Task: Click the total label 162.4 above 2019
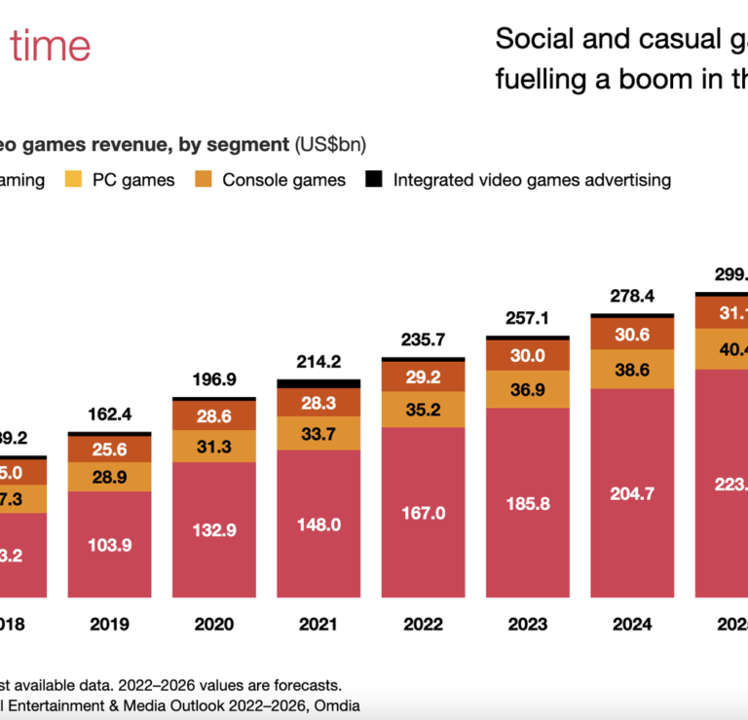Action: pyautogui.click(x=109, y=414)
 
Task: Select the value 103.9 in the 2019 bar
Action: pyautogui.click(x=109, y=545)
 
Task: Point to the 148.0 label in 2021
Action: pyautogui.click(x=318, y=522)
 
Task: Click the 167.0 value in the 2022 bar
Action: pyautogui.click(x=424, y=512)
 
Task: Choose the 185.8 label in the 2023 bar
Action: pyautogui.click(x=528, y=503)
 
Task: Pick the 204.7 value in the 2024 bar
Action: pyautogui.click(x=632, y=493)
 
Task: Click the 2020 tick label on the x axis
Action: pyautogui.click(x=214, y=625)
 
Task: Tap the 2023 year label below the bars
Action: pyautogui.click(x=528, y=625)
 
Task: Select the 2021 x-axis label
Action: pyautogui.click(x=318, y=625)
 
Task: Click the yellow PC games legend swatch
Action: pyautogui.click(x=73, y=180)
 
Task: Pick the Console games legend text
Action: pyautogui.click(x=283, y=180)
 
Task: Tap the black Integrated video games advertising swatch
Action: pyautogui.click(x=373, y=180)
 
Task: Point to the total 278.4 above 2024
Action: pyautogui.click(x=632, y=296)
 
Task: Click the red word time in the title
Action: pyautogui.click(x=51, y=46)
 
